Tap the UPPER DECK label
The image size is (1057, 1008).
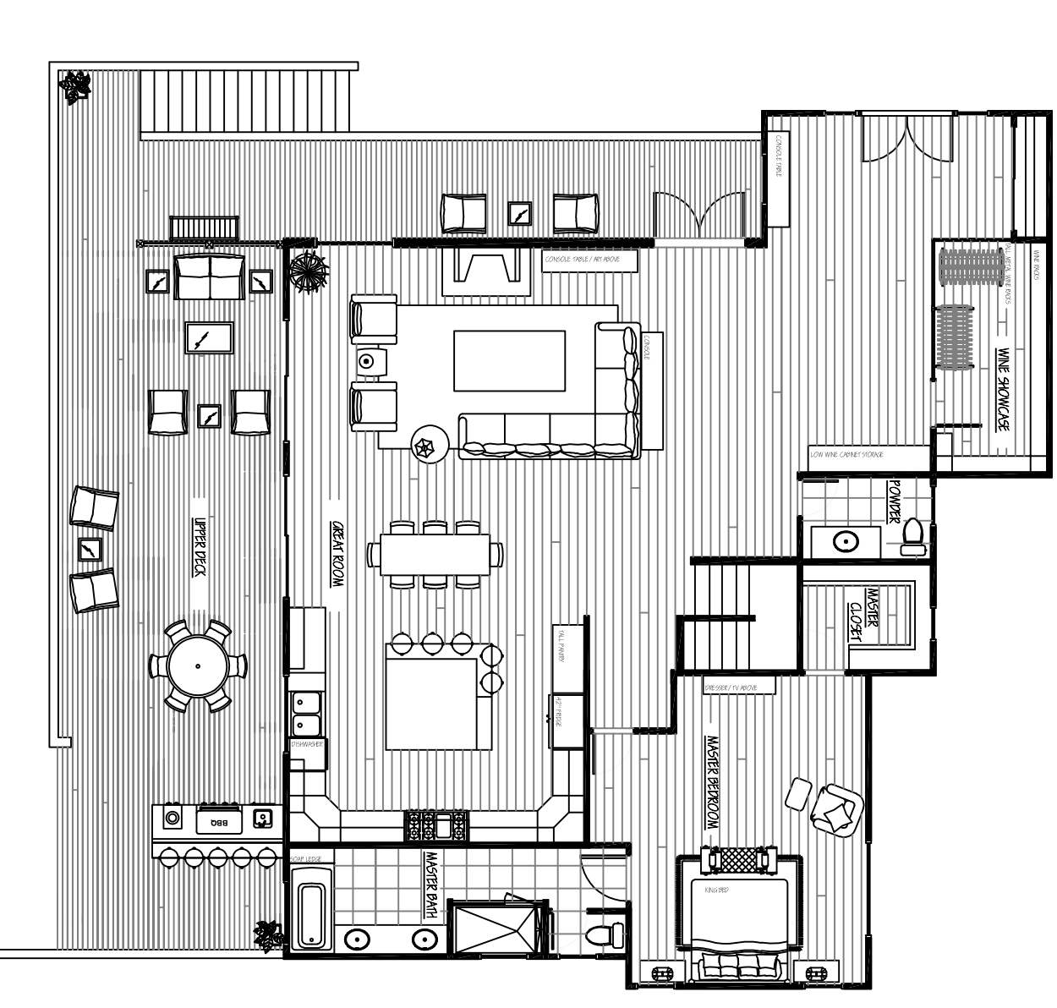click(200, 547)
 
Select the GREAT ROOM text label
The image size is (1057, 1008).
click(337, 554)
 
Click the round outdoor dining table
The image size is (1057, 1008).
click(198, 666)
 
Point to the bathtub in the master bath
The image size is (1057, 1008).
click(310, 915)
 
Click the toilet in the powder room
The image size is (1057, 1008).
click(912, 536)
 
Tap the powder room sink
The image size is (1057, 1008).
click(842, 541)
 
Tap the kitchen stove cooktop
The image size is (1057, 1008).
click(435, 825)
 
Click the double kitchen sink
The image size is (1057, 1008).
click(305, 714)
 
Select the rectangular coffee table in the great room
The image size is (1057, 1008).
click(509, 361)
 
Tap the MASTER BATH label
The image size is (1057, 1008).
click(431, 885)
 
